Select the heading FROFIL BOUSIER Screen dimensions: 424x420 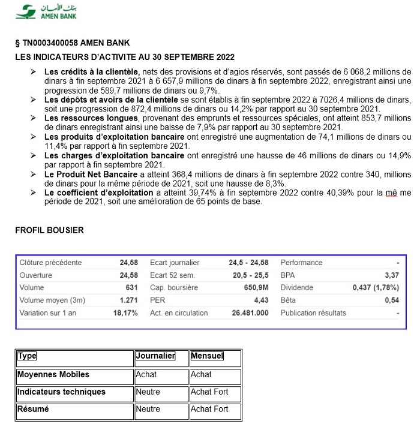tap(49, 230)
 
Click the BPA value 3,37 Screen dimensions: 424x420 tap(392, 275)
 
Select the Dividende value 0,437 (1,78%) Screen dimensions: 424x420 tap(376, 288)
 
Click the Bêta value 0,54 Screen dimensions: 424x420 tap(392, 300)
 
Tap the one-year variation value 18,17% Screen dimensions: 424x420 tap(125, 313)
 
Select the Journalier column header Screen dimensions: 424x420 tap(155, 356)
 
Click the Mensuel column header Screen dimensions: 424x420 tap(207, 356)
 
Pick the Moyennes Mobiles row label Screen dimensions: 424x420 tap(53, 374)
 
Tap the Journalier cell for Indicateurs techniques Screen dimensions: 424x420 tap(148, 392)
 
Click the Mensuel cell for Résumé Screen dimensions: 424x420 tap(209, 409)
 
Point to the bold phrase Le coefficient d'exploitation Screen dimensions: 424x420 tap(99, 193)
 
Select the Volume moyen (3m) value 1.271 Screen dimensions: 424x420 tap(128, 300)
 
